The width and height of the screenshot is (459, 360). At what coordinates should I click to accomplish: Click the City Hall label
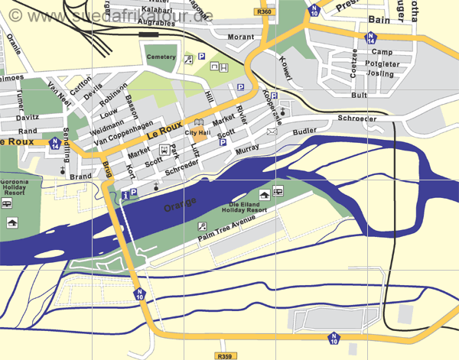pyautogui.click(x=197, y=133)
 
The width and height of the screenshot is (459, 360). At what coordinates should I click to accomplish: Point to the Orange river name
pyautogui.click(x=181, y=205)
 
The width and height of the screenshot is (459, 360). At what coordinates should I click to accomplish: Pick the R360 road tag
pyautogui.click(x=265, y=12)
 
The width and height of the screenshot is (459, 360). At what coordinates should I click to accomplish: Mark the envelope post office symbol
pyautogui.click(x=271, y=131)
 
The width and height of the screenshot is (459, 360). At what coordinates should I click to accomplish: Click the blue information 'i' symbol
pyautogui.click(x=124, y=195)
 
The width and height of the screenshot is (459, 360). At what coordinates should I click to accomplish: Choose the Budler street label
pyautogui.click(x=304, y=131)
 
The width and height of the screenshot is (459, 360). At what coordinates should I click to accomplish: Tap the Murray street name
pyautogui.click(x=248, y=152)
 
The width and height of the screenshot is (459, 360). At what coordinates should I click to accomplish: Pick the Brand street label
pyautogui.click(x=80, y=176)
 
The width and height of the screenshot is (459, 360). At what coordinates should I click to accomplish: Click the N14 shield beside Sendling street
pyautogui.click(x=54, y=141)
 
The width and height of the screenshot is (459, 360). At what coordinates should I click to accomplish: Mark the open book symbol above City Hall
pyautogui.click(x=198, y=122)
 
